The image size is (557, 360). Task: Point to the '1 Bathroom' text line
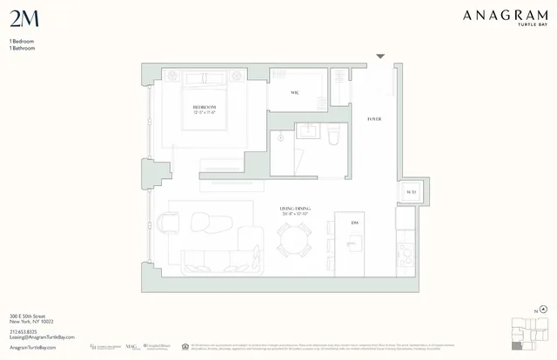pos(22,48)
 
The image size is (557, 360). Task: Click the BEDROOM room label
pos(205,110)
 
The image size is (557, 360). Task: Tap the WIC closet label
pos(295,93)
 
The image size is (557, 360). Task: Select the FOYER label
pos(374,118)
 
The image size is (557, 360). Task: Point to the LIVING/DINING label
pos(295,210)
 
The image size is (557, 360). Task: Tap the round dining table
pos(293,237)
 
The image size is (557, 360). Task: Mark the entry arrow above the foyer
pos(379,57)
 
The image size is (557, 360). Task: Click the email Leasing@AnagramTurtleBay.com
pos(42,337)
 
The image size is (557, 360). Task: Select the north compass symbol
pos(542,309)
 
